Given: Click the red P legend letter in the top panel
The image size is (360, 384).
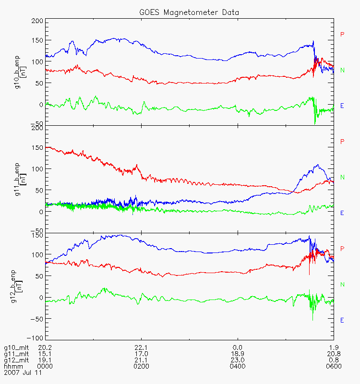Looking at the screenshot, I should pyautogui.click(x=342, y=34).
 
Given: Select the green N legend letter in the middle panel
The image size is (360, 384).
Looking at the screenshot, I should pyautogui.click(x=342, y=177).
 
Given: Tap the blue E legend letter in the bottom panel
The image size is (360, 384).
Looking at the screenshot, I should pyautogui.click(x=342, y=320).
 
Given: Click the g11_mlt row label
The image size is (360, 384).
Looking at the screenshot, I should pyautogui.click(x=14, y=354).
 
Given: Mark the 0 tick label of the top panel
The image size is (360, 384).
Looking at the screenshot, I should pyautogui.click(x=41, y=105).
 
